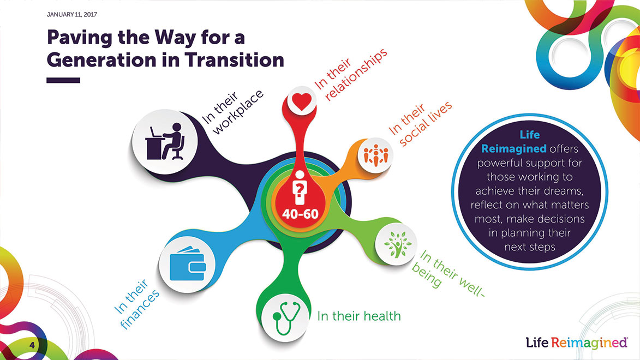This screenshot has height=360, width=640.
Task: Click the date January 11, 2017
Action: click(x=72, y=14)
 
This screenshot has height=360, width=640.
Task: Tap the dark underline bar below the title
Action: click(x=63, y=80)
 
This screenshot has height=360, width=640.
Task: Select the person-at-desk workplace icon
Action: click(x=165, y=141)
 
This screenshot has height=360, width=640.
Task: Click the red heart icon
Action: click(x=302, y=101)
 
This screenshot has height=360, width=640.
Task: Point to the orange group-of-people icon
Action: click(x=376, y=155)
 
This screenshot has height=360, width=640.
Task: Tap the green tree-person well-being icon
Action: click(x=397, y=244)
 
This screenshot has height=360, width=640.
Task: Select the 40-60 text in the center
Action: click(x=300, y=214)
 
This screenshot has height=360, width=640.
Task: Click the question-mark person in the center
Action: click(x=300, y=187)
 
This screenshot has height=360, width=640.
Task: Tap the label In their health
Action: click(x=359, y=316)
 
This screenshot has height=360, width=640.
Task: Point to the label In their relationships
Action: click(x=350, y=75)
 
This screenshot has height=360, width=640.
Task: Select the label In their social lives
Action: click(x=420, y=124)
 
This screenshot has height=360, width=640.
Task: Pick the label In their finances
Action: click(x=137, y=304)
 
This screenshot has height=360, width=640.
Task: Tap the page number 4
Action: click(x=32, y=346)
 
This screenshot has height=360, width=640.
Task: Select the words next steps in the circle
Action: click(x=529, y=247)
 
